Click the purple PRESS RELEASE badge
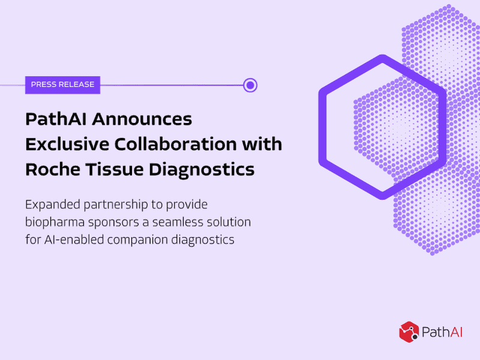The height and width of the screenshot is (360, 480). pos(62,85)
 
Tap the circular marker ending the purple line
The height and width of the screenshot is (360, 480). pos(250,85)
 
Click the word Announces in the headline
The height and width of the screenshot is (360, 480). pos(142,119)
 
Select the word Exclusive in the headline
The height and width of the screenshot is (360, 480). pos(67,144)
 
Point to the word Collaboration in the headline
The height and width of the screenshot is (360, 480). pos(176,144)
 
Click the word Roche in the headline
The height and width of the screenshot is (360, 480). pos(53,169)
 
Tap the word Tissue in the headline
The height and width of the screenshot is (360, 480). pos(115,169)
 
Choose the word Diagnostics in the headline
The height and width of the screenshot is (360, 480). pos(202,170)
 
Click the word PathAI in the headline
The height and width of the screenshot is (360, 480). pos(56,119)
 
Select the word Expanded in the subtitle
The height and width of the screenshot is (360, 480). pos(53,205)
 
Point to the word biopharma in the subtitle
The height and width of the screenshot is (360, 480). pos(55,222)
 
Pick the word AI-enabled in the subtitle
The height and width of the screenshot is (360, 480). pos(74,239)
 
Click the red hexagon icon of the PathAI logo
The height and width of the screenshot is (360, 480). pos(409,332)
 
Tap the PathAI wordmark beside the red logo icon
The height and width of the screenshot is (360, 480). pos(442,332)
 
